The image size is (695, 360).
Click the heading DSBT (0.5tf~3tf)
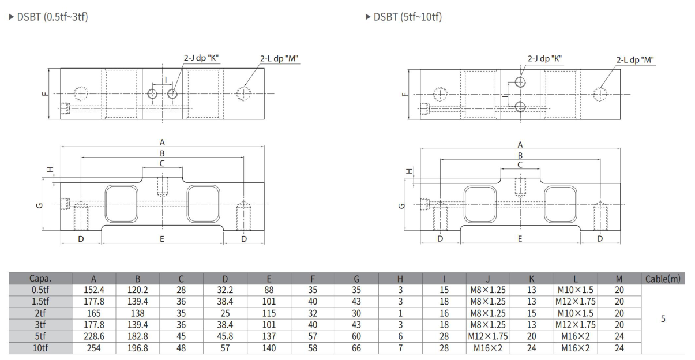(47, 17)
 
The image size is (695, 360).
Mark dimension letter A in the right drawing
(520, 145)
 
